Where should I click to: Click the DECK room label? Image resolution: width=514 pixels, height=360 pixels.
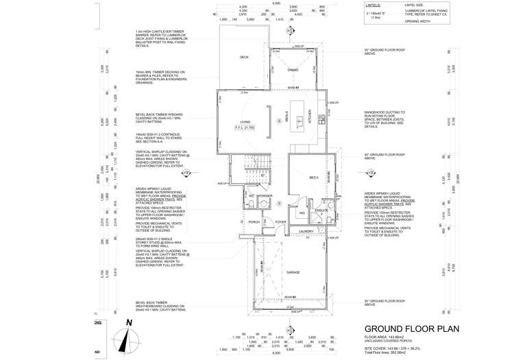[244, 57]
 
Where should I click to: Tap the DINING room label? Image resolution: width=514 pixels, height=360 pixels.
[293, 70]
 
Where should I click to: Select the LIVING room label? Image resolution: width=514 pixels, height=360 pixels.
[245, 121]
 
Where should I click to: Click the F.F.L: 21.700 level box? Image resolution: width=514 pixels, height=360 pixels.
[245, 128]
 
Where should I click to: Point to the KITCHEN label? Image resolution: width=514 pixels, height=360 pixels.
[309, 118]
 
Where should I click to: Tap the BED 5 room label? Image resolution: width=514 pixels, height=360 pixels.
[314, 178]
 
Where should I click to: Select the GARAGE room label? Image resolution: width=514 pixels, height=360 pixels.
[293, 272]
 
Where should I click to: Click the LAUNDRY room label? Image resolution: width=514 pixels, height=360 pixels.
[306, 231]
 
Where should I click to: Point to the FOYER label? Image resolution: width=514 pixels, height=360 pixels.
[281, 221]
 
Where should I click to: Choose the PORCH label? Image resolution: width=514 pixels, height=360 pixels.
[254, 222]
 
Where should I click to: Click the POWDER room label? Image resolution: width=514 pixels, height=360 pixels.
[267, 195]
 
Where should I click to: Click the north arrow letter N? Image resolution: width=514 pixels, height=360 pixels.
[128, 322]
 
